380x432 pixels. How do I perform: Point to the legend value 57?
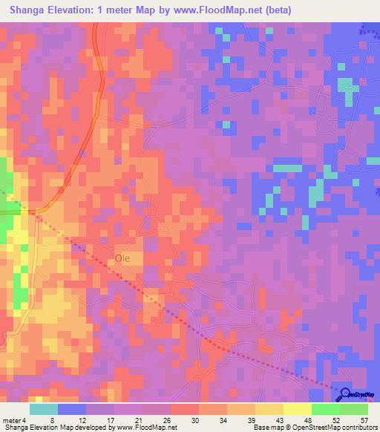tap(354, 419)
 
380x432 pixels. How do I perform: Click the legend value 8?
tap(52, 419)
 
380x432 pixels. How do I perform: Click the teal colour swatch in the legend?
tap(44, 409)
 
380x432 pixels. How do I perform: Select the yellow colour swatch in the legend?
tap(297, 409)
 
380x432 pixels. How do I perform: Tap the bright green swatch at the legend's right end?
tap(354, 409)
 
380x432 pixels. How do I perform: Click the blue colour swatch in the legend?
tap(72, 409)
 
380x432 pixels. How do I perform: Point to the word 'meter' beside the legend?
tap(13, 419)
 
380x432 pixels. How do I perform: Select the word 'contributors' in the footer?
tap(359, 428)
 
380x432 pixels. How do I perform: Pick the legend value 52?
tap(325, 419)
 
